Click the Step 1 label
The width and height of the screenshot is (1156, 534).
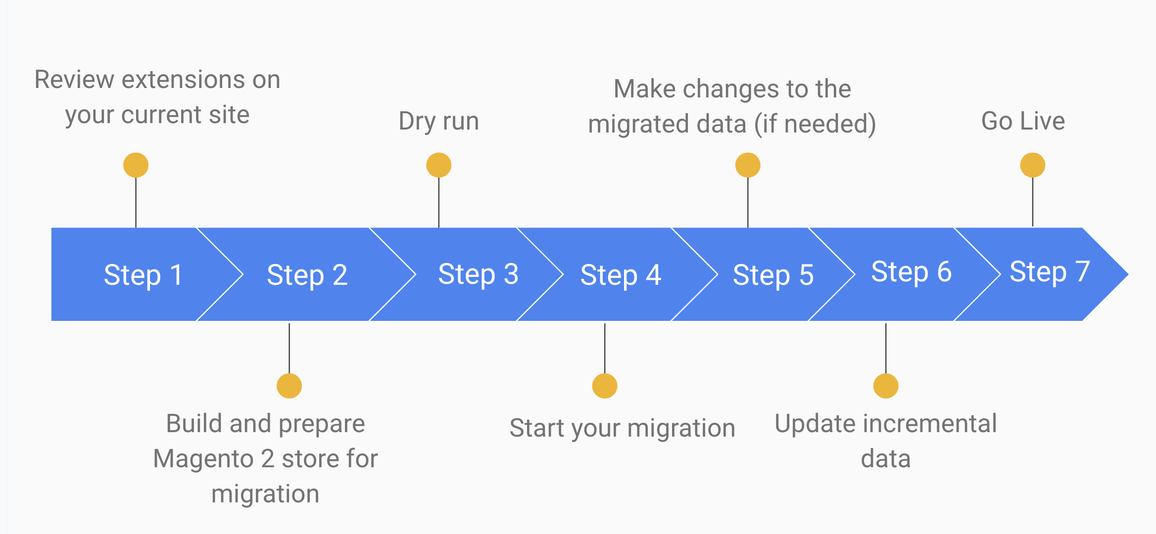click(143, 275)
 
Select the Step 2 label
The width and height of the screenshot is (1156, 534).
click(307, 275)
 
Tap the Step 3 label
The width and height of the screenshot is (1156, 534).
click(478, 274)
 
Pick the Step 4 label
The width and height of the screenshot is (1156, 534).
click(621, 275)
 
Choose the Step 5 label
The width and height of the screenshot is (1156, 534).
click(773, 275)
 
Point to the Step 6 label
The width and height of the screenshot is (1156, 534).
click(911, 272)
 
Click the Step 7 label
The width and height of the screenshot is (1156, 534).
click(1050, 272)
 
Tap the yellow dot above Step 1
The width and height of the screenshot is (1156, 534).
click(136, 165)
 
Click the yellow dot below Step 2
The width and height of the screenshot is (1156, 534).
click(289, 386)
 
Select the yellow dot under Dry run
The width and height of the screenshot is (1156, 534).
click(439, 165)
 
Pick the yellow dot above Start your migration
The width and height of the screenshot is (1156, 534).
click(605, 386)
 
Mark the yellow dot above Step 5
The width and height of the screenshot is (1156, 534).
click(748, 165)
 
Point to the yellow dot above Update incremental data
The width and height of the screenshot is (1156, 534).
click(886, 386)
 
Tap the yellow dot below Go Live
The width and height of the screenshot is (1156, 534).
click(1033, 165)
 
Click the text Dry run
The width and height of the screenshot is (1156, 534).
click(439, 122)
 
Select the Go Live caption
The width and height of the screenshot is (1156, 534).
click(1023, 121)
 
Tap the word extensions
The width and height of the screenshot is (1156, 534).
click(184, 80)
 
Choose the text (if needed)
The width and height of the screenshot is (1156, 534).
click(815, 124)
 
